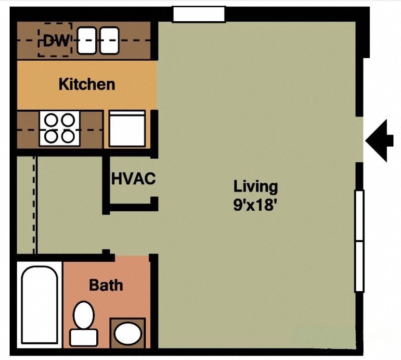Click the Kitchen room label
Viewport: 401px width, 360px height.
[87, 84]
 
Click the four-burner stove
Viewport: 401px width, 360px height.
[60, 128]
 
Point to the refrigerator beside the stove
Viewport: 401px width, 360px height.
[127, 129]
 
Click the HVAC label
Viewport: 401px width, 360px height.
[133, 179]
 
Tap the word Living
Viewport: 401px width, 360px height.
[256, 186]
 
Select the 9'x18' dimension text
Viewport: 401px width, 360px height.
[256, 205]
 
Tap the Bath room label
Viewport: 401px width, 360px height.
[106, 285]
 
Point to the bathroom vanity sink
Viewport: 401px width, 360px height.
[128, 333]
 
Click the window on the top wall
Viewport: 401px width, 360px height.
[199, 14]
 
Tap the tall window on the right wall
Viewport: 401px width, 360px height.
[359, 241]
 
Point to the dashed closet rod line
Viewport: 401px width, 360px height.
[35, 205]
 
